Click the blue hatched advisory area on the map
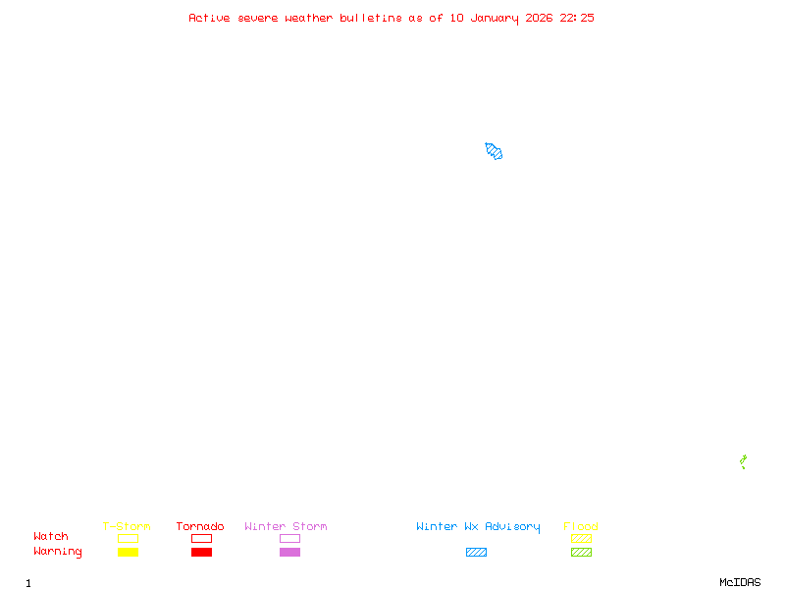[x=494, y=151]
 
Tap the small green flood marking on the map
[x=743, y=461]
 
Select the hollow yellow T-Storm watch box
[x=128, y=538]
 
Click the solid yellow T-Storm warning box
[x=128, y=552]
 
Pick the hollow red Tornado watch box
[x=201, y=538]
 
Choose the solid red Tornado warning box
[x=201, y=552]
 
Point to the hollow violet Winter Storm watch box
[x=289, y=538]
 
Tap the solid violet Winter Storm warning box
[x=289, y=552]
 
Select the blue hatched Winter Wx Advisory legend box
[x=476, y=552]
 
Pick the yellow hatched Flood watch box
[x=581, y=538]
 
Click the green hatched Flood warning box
[x=581, y=552]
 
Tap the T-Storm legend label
[x=127, y=526]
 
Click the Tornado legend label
[x=200, y=526]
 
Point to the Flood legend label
[x=581, y=526]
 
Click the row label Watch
[x=51, y=537]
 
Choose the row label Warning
[x=58, y=552]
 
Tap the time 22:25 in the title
[x=577, y=18]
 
